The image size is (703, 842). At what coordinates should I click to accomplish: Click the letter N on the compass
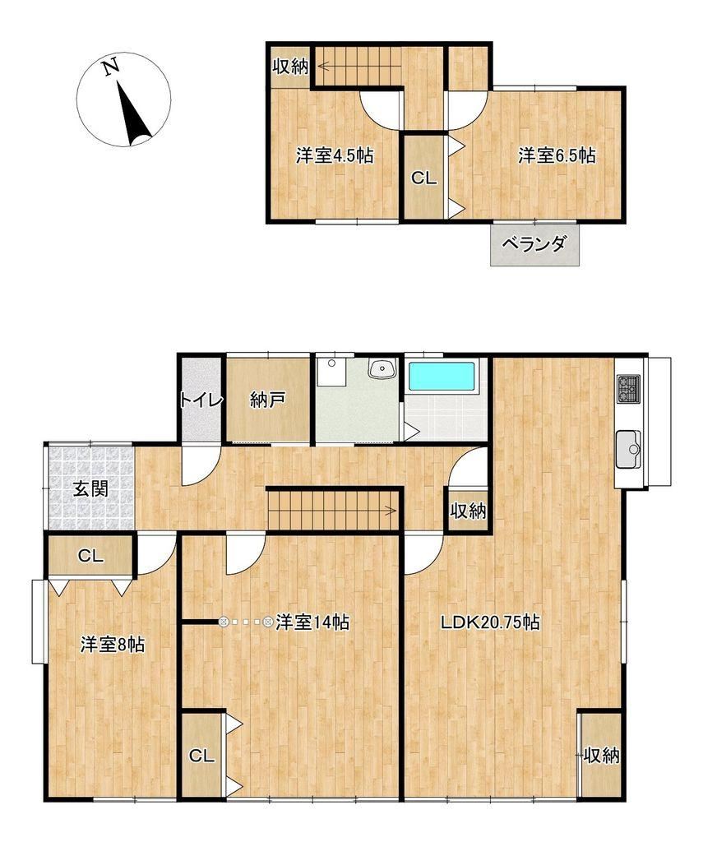click(111, 67)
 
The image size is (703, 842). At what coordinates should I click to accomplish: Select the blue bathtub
click(442, 377)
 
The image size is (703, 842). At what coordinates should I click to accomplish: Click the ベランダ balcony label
click(534, 244)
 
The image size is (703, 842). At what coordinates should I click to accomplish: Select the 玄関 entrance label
click(90, 488)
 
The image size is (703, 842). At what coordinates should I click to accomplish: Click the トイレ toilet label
click(201, 400)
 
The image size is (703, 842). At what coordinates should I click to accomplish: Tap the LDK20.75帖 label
click(490, 622)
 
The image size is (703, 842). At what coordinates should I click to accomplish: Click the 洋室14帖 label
click(312, 622)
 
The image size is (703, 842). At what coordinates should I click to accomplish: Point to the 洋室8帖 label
click(113, 645)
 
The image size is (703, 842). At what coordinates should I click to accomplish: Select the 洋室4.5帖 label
click(335, 155)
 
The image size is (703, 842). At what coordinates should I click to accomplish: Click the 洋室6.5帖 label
click(557, 155)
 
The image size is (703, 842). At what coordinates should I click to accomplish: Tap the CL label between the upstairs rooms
click(423, 178)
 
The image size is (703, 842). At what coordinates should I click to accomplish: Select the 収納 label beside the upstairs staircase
click(290, 67)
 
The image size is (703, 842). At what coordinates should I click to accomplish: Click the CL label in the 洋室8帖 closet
click(90, 556)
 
